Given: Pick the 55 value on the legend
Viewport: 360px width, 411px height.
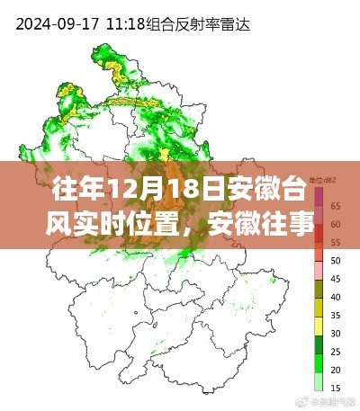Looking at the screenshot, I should pos(335,241).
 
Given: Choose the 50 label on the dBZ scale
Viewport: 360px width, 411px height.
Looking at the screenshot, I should pos(335,260).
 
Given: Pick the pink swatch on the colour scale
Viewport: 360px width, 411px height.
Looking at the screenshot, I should pos(319,270).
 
